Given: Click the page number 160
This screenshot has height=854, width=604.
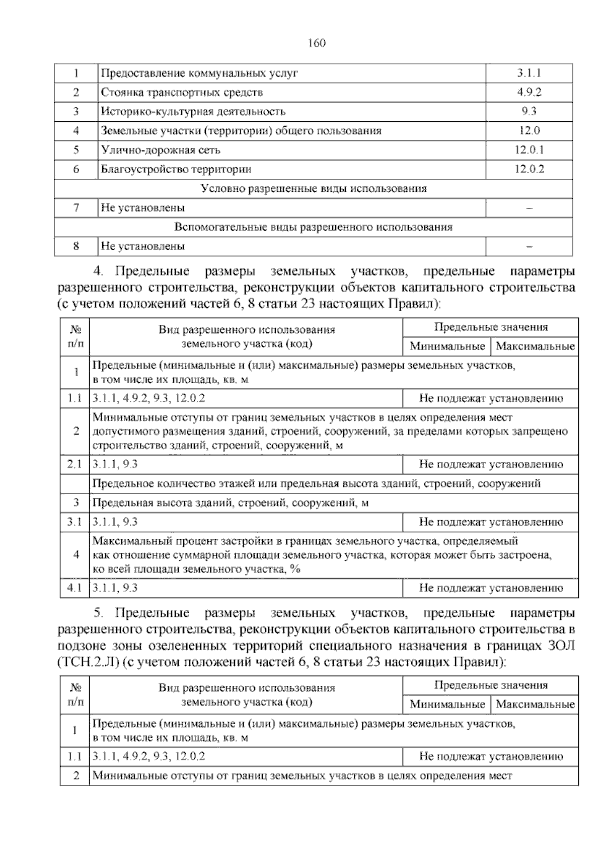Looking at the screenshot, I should [x=317, y=43].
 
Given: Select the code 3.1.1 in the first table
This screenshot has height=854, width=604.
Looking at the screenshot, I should [x=528, y=73].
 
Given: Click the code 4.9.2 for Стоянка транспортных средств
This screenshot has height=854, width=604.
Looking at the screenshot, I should [x=528, y=93].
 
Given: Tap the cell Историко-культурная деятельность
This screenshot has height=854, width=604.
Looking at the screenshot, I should [x=193, y=112].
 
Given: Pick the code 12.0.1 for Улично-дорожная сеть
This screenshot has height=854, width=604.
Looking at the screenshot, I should [x=529, y=150].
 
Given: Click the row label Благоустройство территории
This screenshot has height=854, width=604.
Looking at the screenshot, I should [x=176, y=169].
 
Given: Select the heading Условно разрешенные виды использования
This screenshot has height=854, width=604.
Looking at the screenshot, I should [x=313, y=189].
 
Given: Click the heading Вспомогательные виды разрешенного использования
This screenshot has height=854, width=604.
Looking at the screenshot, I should [x=313, y=227].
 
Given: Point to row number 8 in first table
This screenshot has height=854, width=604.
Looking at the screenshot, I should [x=76, y=246].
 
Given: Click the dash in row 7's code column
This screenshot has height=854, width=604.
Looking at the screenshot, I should [x=529, y=208].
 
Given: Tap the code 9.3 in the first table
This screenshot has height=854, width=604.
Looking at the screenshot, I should [x=528, y=112].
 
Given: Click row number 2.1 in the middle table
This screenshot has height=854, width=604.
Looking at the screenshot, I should [x=74, y=465].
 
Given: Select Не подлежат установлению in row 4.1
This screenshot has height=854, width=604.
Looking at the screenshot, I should [x=491, y=588].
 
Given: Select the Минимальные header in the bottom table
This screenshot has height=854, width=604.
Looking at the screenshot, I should [x=447, y=704].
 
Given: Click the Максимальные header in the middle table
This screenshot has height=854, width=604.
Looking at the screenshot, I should [x=535, y=346].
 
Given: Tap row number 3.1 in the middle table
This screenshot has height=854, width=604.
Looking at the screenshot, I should [x=74, y=523].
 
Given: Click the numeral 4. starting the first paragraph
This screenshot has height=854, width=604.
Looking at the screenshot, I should [x=99, y=272].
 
